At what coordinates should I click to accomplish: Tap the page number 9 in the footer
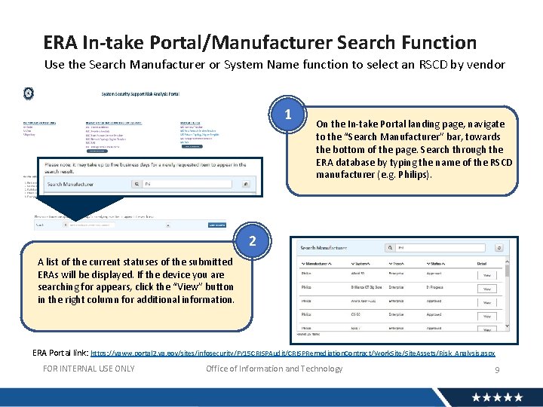497,369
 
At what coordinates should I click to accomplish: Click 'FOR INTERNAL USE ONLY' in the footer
89,369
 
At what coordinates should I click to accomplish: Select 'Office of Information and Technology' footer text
274,369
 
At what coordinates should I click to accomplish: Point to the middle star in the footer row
497,397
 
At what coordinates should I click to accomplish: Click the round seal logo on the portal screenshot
28,93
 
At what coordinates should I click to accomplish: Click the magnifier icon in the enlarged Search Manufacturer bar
137,183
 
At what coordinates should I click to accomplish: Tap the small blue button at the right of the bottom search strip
216,225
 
